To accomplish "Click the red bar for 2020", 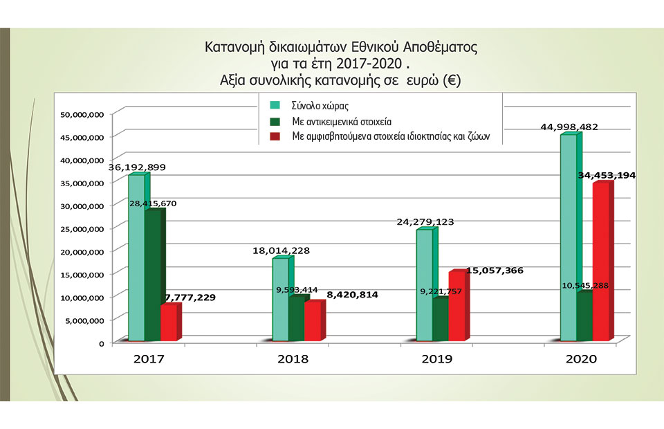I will point(602,263).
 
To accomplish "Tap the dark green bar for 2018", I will point(297,319).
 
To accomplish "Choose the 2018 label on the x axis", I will point(293,359).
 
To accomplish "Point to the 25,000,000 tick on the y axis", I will point(82,228).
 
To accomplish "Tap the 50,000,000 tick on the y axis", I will point(82,114).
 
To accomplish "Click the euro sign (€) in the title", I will point(452,81).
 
